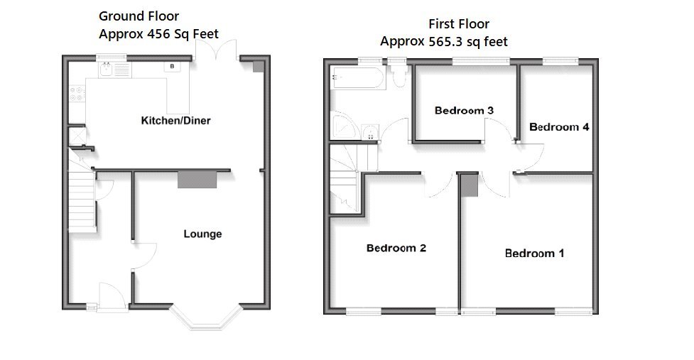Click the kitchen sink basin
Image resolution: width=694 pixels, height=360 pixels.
click(x=106, y=70)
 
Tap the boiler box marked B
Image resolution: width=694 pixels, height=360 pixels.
click(x=172, y=67)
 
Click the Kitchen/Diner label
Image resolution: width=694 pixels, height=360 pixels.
click(x=175, y=121)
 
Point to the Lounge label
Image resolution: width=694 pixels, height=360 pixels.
click(x=202, y=234)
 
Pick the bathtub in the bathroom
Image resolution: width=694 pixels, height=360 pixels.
click(x=358, y=77)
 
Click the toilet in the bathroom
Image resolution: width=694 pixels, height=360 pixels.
click(x=398, y=77)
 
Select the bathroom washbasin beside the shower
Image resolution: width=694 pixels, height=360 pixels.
click(x=369, y=133)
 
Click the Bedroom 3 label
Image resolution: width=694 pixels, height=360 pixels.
click(x=464, y=111)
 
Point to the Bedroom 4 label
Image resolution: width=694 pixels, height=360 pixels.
click(x=559, y=127)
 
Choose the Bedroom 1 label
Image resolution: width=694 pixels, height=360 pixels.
click(x=534, y=253)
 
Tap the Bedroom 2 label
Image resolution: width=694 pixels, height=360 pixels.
click(x=396, y=248)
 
